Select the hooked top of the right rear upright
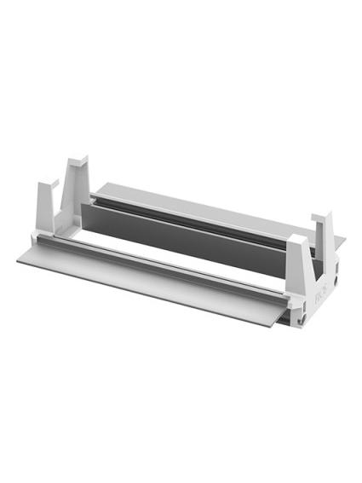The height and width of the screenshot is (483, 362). [325, 218]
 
